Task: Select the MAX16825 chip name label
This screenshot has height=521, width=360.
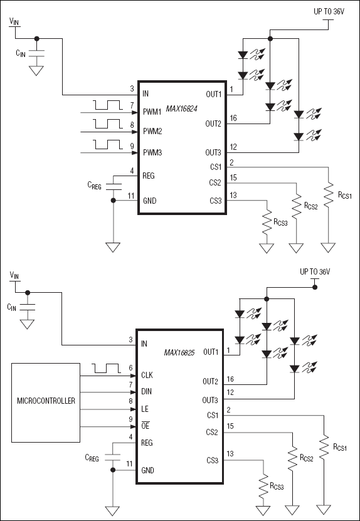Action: point(182,352)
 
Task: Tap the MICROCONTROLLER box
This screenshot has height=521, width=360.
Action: point(45,401)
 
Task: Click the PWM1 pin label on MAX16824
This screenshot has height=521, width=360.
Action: point(152,112)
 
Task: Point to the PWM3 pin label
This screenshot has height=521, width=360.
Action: point(152,152)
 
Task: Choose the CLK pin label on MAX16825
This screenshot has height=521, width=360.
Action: point(148,375)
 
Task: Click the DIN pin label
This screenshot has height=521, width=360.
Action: point(147,391)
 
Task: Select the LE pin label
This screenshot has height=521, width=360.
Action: point(146,408)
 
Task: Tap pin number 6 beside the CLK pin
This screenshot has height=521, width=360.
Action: point(130,368)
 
